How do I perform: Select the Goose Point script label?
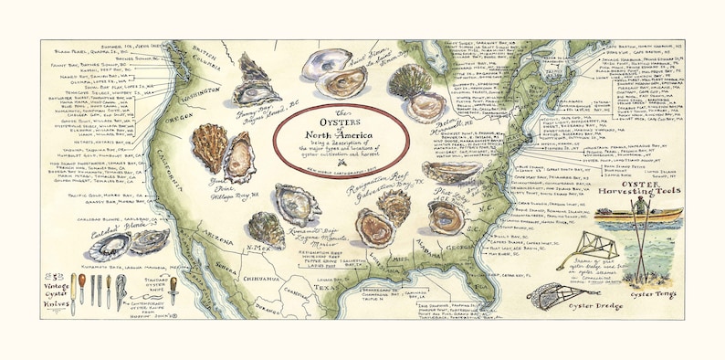point(210,183)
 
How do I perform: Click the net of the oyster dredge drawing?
point(550,296)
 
